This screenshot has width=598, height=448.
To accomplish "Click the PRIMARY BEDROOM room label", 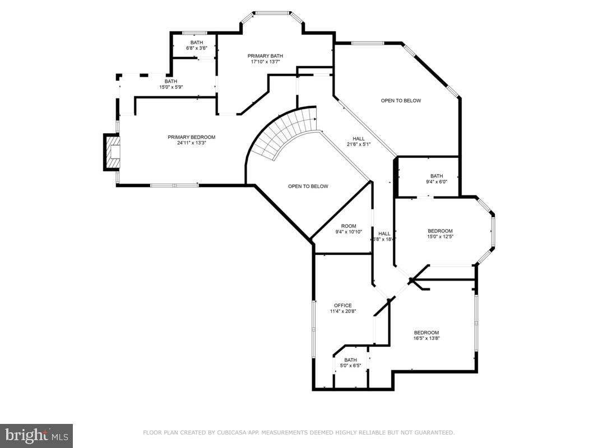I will click(191, 137).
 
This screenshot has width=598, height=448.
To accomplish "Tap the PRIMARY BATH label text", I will click(265, 56).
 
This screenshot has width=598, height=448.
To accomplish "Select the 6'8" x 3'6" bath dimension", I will click(197, 48).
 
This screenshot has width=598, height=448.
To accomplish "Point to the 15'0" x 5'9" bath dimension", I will click(170, 87).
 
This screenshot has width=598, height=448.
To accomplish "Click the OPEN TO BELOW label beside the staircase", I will click(308, 186).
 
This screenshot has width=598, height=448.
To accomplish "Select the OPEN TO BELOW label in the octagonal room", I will click(401, 101).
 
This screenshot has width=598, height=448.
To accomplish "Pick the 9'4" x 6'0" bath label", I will click(436, 179).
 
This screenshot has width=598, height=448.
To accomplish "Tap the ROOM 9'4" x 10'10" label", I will click(349, 229).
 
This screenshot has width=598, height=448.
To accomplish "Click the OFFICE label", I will click(342, 306).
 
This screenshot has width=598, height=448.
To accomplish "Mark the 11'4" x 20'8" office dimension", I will click(342, 311).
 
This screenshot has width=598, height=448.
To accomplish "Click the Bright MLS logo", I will click(36, 435).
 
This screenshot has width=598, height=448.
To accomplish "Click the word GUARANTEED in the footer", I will click(433, 432).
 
